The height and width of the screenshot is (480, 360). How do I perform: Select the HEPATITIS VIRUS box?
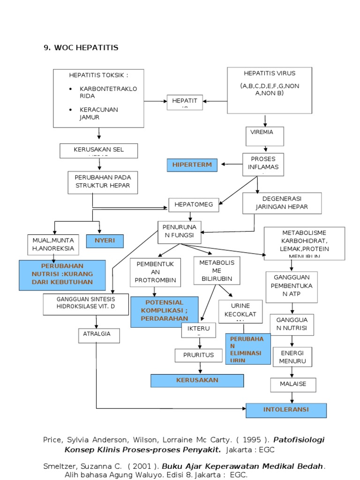pos(269,90)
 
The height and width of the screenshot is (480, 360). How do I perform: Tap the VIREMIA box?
pos(265,136)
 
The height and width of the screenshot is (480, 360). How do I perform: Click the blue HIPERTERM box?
pos(192,165)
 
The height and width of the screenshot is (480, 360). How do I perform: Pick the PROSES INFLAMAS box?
pos(263,165)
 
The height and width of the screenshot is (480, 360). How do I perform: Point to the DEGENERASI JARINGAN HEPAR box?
pos(282,202)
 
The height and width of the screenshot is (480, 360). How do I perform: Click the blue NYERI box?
pos(105,241)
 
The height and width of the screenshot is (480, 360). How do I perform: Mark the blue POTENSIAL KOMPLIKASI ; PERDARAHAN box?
pos(164,311)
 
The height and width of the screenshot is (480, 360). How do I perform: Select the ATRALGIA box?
pos(98,336)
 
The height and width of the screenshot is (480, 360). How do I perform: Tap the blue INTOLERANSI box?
pos(286,410)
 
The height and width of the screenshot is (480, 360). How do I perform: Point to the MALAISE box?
pos(293,384)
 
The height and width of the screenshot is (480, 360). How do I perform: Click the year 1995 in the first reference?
pos(250,440)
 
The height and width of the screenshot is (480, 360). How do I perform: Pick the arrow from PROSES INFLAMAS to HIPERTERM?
pos(231,165)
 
